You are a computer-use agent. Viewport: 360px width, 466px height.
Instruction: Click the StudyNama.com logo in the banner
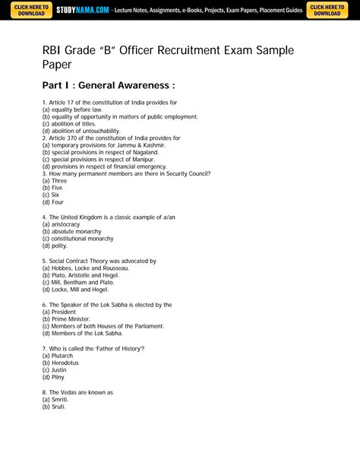point(83,11)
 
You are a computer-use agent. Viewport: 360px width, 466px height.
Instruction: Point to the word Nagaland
point(142,152)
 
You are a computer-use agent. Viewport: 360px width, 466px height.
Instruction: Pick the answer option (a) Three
point(55,181)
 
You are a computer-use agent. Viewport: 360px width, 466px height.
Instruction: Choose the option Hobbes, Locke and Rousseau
point(85,268)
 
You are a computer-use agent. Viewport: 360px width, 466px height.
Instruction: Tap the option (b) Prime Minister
point(66,319)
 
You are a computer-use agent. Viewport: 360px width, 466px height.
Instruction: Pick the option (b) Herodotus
point(63,363)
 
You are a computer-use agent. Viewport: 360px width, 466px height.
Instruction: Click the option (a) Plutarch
point(58,355)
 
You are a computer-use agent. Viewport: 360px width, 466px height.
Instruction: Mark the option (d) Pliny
point(53,377)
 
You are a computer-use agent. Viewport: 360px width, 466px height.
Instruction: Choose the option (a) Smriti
point(56,400)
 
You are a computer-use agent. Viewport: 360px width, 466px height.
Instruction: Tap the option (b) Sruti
point(54,407)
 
